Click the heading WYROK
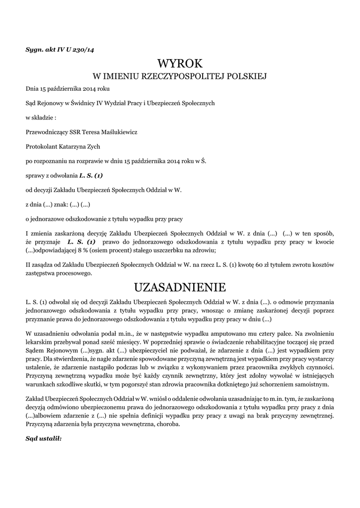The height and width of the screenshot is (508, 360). (180, 63)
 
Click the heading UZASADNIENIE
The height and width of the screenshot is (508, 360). (180, 288)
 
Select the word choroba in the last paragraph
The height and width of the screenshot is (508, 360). (168, 425)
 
